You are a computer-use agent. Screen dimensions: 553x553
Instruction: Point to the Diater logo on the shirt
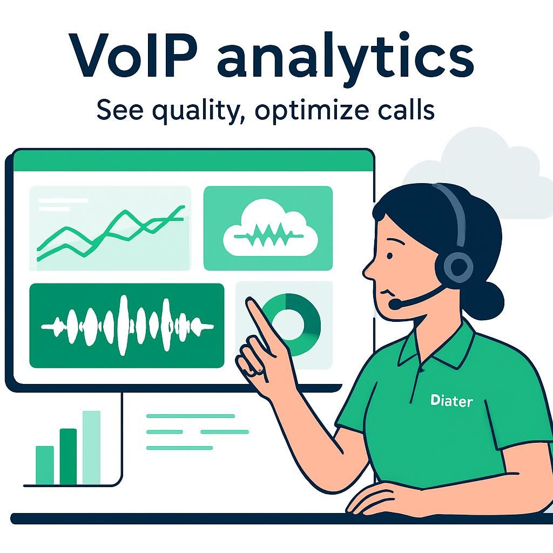point(451,401)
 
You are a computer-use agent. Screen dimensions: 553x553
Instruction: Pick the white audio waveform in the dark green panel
point(127,326)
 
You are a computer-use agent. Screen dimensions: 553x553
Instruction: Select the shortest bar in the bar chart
point(44,465)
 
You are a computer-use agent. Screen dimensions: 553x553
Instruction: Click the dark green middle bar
point(68,456)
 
